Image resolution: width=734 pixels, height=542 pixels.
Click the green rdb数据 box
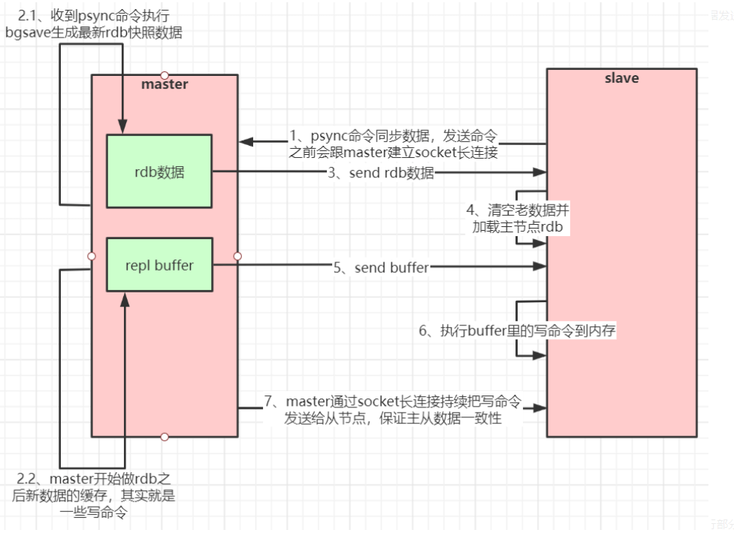[x=159, y=171]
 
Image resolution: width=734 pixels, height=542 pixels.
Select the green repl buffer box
[x=159, y=265]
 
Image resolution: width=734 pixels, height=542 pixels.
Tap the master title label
[x=165, y=84]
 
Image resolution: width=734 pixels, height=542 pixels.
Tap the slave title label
[x=621, y=77]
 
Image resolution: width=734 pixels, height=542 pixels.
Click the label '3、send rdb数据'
[x=380, y=173]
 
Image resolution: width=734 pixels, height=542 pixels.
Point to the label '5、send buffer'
[x=382, y=267]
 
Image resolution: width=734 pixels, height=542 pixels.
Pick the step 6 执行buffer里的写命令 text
[x=518, y=331]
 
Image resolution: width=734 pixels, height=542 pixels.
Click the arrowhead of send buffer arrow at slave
[x=540, y=266]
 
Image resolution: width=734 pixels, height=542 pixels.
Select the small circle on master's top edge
[x=165, y=74]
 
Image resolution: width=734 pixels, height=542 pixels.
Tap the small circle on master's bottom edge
[x=165, y=437]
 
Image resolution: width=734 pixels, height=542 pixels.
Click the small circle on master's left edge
[x=92, y=256]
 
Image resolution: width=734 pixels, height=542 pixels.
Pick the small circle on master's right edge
[x=237, y=256]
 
